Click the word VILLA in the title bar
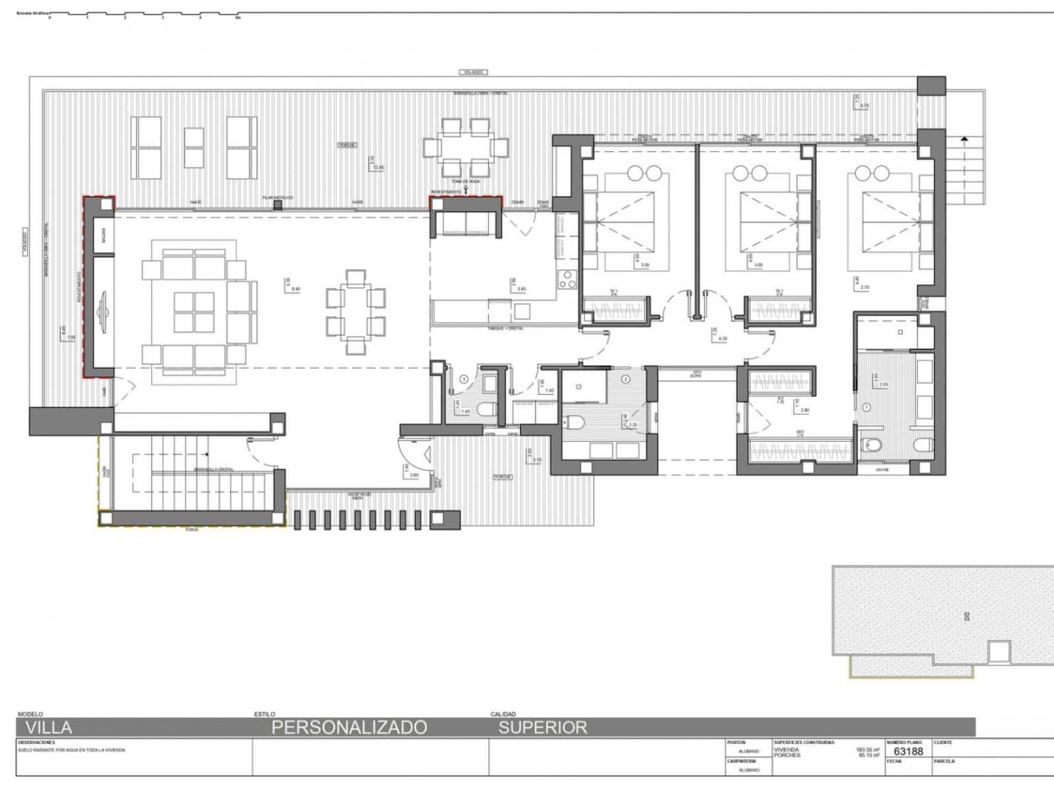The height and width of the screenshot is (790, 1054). click(x=49, y=727)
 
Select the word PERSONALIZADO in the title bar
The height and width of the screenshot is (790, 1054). click(x=349, y=727)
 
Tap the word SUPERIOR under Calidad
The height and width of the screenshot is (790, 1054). click(x=542, y=727)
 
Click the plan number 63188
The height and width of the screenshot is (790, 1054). click(x=908, y=751)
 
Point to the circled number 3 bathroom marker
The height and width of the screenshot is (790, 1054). click(x=464, y=379)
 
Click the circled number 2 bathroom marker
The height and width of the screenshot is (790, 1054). click(x=626, y=379)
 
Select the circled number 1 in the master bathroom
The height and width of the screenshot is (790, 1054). click(x=867, y=408)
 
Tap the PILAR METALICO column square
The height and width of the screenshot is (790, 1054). click(x=277, y=205)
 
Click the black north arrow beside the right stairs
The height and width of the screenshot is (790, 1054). click(x=964, y=140)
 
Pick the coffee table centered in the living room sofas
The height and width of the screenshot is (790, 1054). click(x=194, y=312)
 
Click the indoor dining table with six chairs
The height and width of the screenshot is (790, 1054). click(x=356, y=312)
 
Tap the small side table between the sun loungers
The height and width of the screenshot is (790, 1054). click(x=194, y=147)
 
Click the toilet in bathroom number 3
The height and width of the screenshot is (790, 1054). click(x=486, y=409)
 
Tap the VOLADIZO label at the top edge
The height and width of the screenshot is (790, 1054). click(x=472, y=72)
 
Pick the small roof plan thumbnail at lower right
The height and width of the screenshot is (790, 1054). click(x=942, y=619)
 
